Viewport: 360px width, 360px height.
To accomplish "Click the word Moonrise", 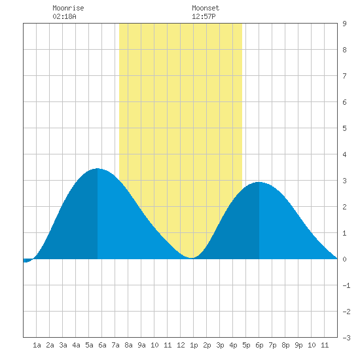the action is [68, 8].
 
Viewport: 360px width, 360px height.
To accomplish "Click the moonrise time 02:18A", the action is [64, 16].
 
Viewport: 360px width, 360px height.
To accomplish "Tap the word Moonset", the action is [206, 8].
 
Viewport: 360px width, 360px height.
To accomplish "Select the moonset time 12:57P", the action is [204, 16].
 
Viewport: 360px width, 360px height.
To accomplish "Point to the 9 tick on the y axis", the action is [344, 24].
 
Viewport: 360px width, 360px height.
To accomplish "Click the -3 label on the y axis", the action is [346, 338].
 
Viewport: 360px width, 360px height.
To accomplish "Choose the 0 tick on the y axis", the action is [344, 259].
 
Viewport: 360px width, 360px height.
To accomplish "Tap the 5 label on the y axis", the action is [344, 128].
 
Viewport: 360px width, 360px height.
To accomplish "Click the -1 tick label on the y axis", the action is [346, 285].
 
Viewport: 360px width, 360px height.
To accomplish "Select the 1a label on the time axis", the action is [37, 345].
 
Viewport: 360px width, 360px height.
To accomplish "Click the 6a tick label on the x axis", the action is [102, 345].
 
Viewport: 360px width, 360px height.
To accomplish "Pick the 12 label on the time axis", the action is [181, 345].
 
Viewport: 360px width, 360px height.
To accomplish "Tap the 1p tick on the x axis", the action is [194, 345].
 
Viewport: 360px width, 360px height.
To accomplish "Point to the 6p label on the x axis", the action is [259, 345].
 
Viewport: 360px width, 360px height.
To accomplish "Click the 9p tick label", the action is [298, 345].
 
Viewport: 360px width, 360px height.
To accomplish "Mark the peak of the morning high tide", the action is [98, 168].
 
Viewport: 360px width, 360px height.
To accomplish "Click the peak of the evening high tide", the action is [259, 182].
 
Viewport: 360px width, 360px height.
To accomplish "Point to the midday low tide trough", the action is [192, 258].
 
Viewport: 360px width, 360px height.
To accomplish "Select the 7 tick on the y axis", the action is [344, 76].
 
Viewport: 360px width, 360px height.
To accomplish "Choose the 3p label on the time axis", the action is [220, 345].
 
